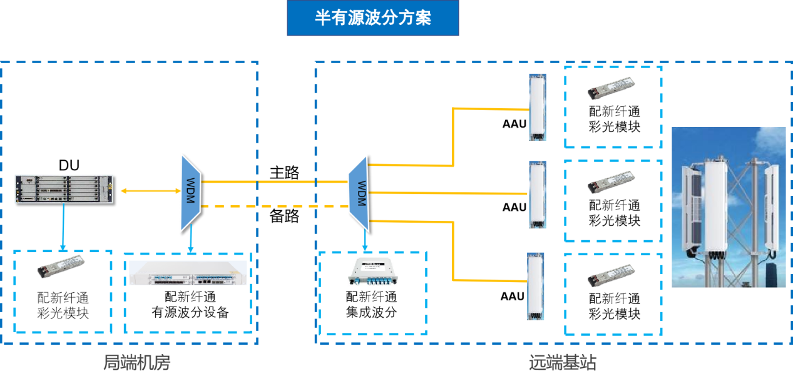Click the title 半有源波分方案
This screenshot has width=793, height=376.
tap(372, 18)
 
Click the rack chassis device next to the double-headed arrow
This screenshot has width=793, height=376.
tap(64, 190)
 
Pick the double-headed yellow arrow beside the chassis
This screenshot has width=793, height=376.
tap(147, 190)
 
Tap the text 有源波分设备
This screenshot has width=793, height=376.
tap(190, 312)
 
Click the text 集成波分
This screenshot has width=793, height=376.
tap(372, 312)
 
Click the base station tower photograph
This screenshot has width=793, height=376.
tap(729, 206)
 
